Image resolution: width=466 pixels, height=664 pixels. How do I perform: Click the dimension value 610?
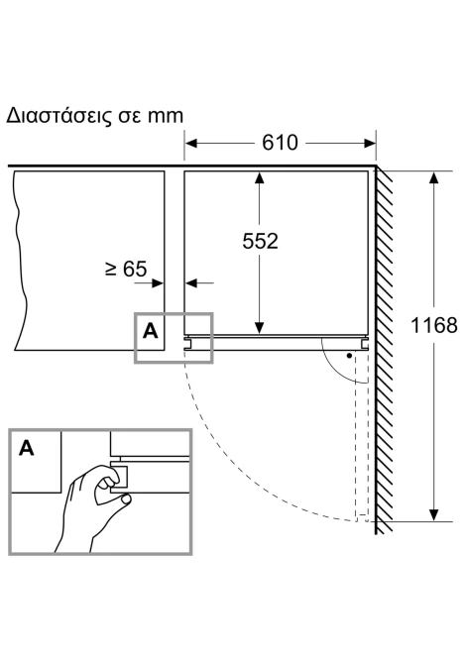tap(280, 143)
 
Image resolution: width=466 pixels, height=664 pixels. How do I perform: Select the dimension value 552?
tap(260, 241)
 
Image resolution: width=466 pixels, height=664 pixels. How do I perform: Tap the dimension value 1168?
tap(434, 325)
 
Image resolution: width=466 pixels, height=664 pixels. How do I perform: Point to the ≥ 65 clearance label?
tap(126, 269)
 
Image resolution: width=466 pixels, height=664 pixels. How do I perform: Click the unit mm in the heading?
tap(166, 116)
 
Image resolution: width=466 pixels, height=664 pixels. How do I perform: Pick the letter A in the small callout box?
tap(151, 331)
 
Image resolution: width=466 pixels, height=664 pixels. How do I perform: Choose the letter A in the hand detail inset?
tap(26, 448)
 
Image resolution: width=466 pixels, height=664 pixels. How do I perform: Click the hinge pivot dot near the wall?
tap(349, 356)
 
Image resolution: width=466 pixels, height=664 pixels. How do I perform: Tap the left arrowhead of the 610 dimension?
tap(191, 143)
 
